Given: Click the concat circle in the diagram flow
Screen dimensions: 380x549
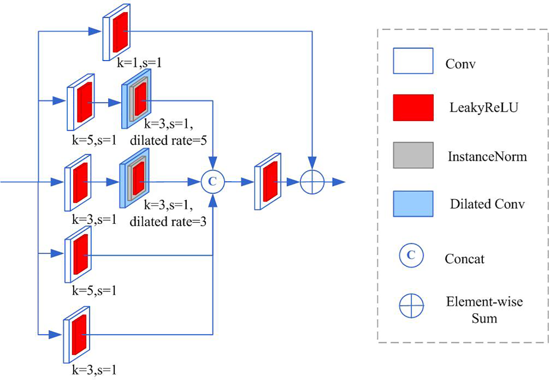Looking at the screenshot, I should point(213,181).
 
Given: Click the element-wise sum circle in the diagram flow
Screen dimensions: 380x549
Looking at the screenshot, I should point(312,181).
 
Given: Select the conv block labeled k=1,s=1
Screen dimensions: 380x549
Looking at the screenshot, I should point(116,32).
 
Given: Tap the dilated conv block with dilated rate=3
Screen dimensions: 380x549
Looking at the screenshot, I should point(134,179).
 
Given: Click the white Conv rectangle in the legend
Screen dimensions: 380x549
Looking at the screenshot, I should point(413,61).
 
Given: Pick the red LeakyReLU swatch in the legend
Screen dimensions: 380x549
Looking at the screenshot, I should point(413,108).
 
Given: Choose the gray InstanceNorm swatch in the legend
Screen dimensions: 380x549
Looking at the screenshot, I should point(413,155).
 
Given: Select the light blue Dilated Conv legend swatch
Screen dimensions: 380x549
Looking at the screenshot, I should point(413,203).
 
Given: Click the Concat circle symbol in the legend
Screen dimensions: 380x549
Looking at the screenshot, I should point(411,255).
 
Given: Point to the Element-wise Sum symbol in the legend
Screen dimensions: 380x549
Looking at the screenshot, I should point(411,306).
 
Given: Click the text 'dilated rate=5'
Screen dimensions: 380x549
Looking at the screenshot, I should point(168,140).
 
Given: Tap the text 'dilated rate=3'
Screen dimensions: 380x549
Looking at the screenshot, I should point(168,222).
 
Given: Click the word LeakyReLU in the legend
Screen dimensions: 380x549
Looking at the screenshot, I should point(484,107).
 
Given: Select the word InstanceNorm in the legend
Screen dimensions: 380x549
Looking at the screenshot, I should point(487,156).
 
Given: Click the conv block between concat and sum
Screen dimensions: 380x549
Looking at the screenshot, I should point(268,181).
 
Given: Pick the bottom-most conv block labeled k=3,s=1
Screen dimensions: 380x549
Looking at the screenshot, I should point(77,334).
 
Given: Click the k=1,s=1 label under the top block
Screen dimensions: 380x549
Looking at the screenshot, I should point(139,63).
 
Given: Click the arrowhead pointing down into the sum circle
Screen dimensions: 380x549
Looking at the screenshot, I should point(312,163).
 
